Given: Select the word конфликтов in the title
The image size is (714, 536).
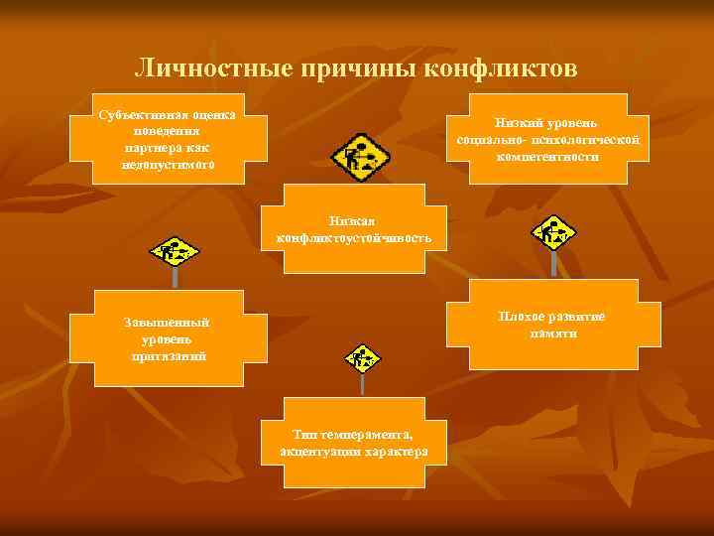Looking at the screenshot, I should tap(501, 69).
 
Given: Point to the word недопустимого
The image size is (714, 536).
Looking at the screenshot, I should tap(168, 164).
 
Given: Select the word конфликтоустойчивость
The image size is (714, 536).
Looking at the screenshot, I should tap(354, 239).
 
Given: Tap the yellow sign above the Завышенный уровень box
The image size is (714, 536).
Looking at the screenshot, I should tap(175, 251).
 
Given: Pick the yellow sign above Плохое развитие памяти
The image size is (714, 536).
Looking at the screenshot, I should tap(552, 233).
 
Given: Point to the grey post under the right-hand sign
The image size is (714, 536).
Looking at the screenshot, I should tap(553, 263).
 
